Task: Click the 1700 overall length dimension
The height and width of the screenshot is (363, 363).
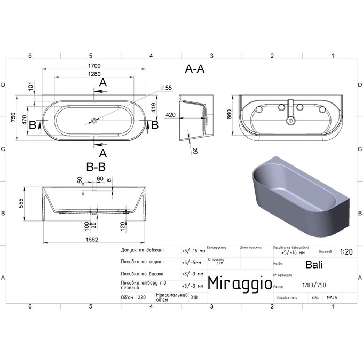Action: point(95,66)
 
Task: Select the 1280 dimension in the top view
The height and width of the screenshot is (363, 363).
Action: point(95,74)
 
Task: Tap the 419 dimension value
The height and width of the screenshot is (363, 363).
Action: point(153,108)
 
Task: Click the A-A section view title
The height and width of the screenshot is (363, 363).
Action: point(194,69)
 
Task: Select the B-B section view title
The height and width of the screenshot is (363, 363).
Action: point(95,167)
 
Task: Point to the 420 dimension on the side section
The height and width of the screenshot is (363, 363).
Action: point(170,114)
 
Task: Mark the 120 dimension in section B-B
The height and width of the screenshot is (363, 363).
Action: point(123,227)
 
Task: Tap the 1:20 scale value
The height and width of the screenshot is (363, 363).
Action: point(345,251)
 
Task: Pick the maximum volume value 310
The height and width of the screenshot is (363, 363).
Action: point(194,298)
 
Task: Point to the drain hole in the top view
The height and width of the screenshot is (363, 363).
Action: point(94,121)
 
